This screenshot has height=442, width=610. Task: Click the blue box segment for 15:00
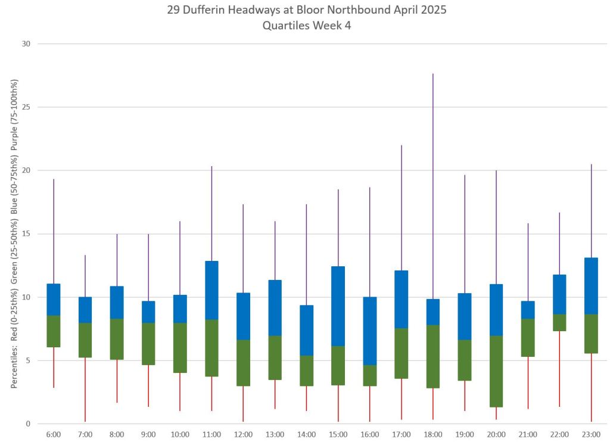tap(338, 306)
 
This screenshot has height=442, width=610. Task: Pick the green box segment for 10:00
tap(180, 347)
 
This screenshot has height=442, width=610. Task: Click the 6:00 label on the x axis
tap(54, 435)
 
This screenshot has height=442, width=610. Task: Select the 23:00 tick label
tap(591, 435)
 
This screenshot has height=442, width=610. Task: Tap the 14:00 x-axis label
tap(306, 435)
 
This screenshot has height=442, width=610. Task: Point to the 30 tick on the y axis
tap(26, 44)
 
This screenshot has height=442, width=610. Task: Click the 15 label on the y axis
tap(26, 234)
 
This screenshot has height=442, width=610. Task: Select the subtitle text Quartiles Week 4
tap(306, 26)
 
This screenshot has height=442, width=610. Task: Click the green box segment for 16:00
tap(369, 375)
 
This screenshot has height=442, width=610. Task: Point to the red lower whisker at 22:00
tap(559, 369)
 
